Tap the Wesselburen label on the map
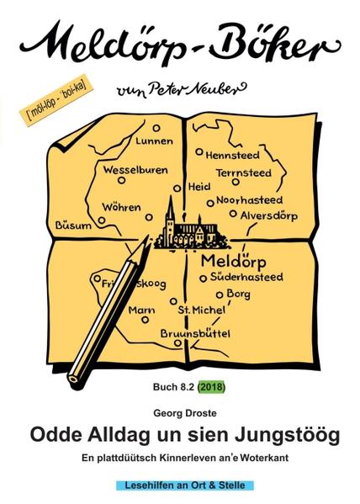(x=135, y=169)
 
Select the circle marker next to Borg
(x=220, y=294)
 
